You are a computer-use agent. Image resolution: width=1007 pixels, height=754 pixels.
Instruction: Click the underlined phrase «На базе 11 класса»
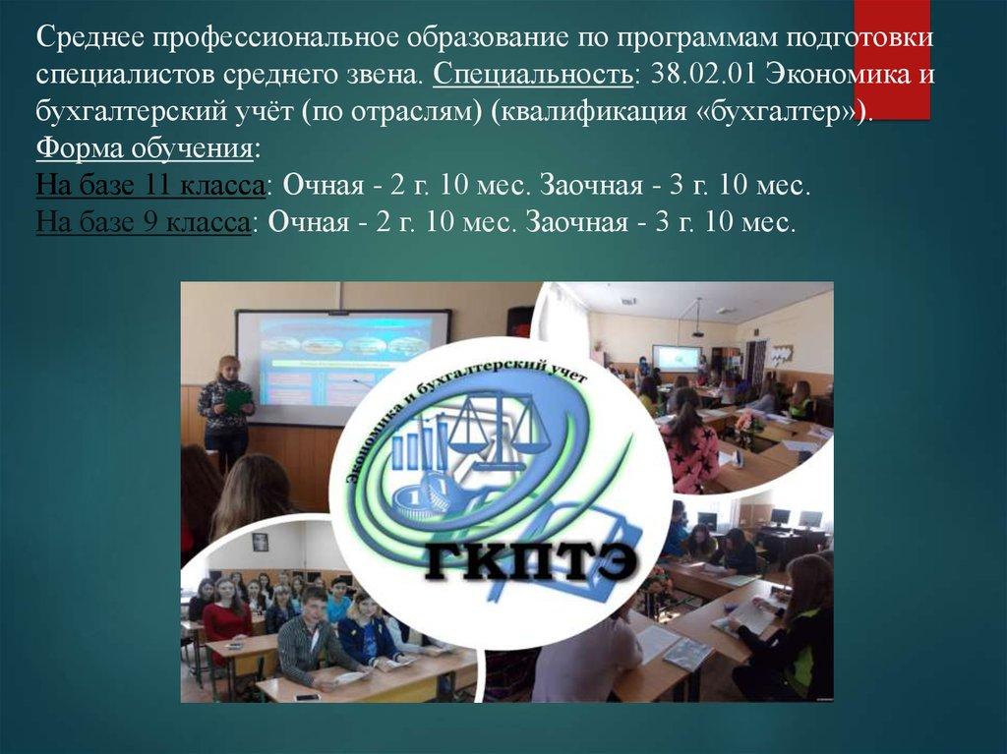[150, 186]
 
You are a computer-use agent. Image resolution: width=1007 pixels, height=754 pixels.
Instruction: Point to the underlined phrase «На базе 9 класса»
[143, 223]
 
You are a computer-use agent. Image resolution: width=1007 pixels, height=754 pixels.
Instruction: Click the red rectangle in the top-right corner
[891, 60]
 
